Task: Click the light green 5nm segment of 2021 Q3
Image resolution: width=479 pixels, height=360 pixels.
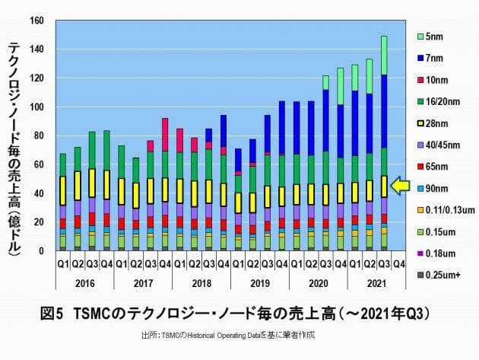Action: pyautogui.click(x=384, y=55)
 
